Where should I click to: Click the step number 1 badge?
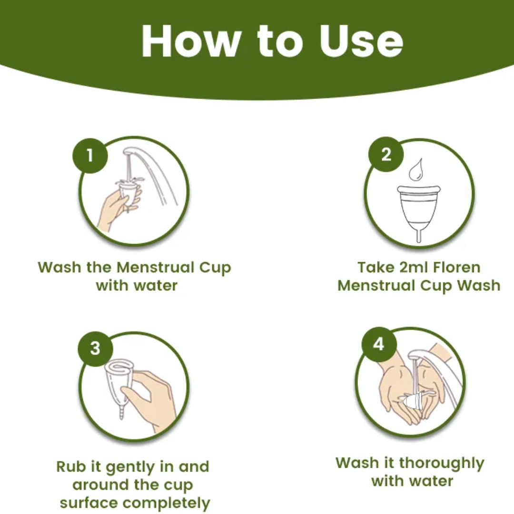(x=90, y=155)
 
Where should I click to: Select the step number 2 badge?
(x=386, y=154)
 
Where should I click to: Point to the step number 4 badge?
(x=379, y=344)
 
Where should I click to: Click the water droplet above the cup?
(x=415, y=170)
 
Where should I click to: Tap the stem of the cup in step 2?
(x=418, y=236)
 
